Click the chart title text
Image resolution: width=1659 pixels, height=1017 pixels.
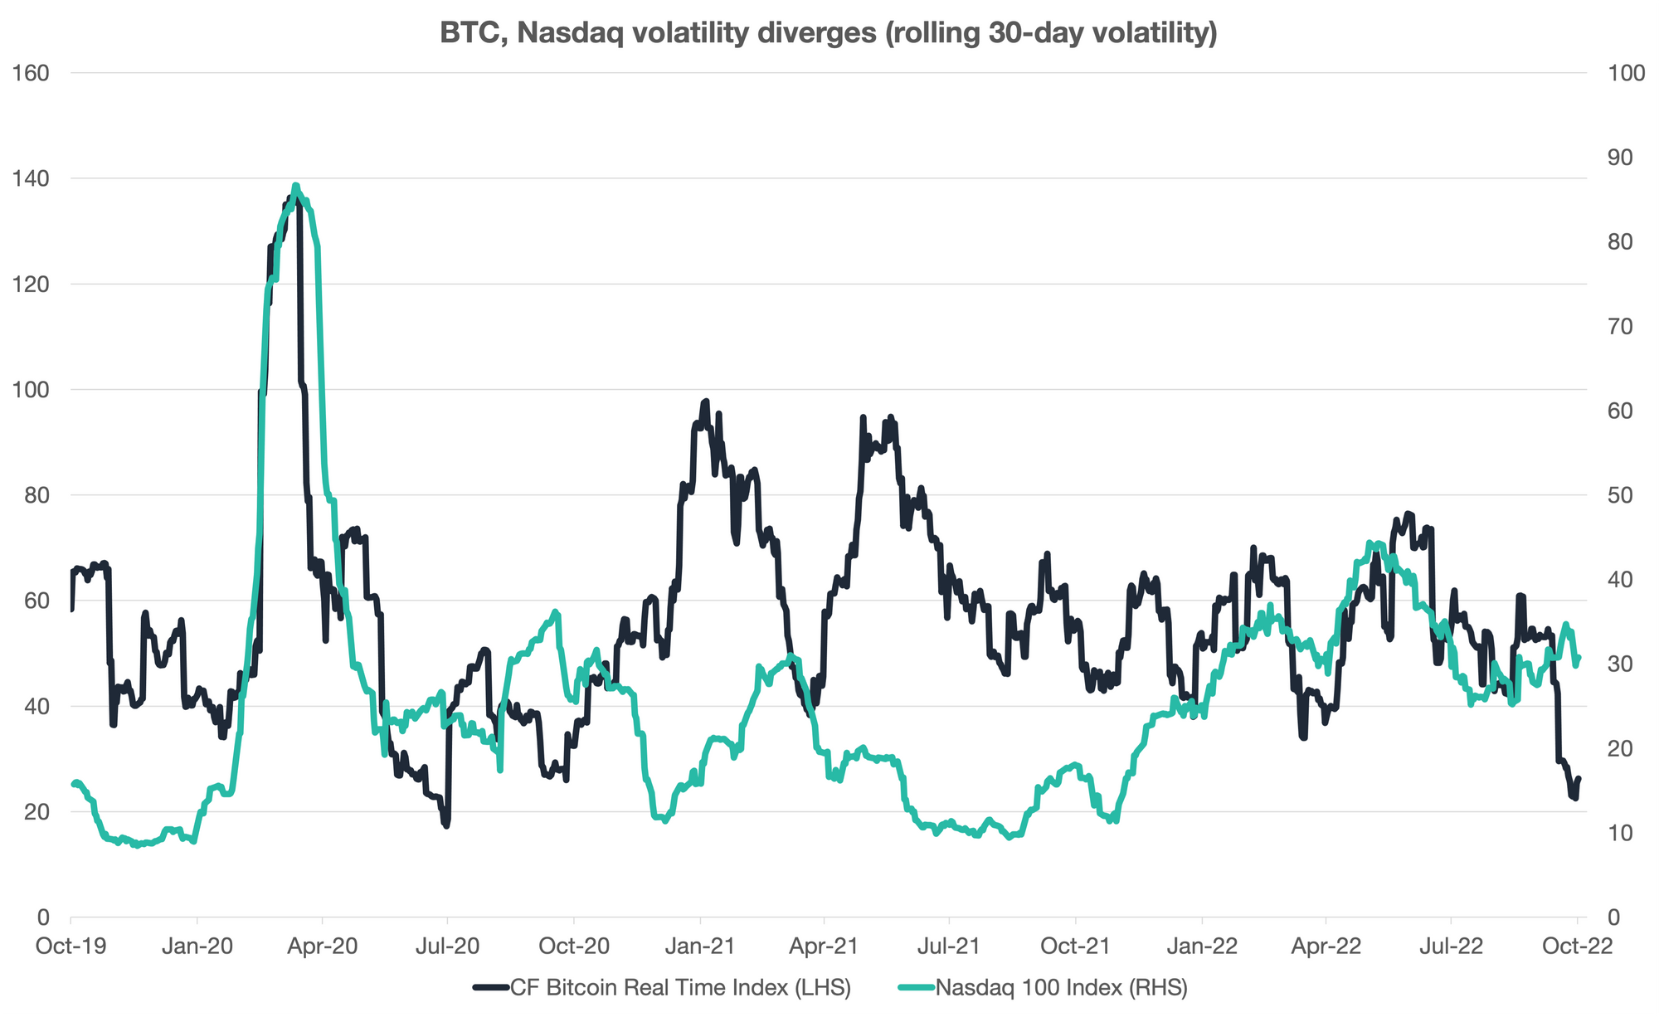pyautogui.click(x=828, y=32)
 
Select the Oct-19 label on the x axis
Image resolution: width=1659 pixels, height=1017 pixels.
pyautogui.click(x=71, y=947)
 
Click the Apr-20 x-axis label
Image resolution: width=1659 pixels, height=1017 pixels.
pyautogui.click(x=322, y=947)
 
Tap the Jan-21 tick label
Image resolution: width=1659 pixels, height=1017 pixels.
pyautogui.click(x=700, y=947)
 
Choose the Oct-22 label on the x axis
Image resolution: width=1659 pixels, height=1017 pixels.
pyautogui.click(x=1577, y=947)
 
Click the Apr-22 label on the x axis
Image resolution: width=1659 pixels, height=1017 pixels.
pyautogui.click(x=1326, y=947)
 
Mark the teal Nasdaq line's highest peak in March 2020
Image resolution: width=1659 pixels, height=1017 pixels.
pyautogui.click(x=296, y=185)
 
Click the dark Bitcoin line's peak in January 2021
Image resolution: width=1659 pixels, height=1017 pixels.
pyautogui.click(x=706, y=401)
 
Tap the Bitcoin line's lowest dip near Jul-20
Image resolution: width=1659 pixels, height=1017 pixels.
pyautogui.click(x=446, y=826)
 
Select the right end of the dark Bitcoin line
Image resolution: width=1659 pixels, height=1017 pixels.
pyautogui.click(x=1579, y=778)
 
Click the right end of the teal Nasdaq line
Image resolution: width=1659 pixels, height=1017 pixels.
pyautogui.click(x=1579, y=658)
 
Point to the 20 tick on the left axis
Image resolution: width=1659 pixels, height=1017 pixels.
pyautogui.click(x=33, y=811)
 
